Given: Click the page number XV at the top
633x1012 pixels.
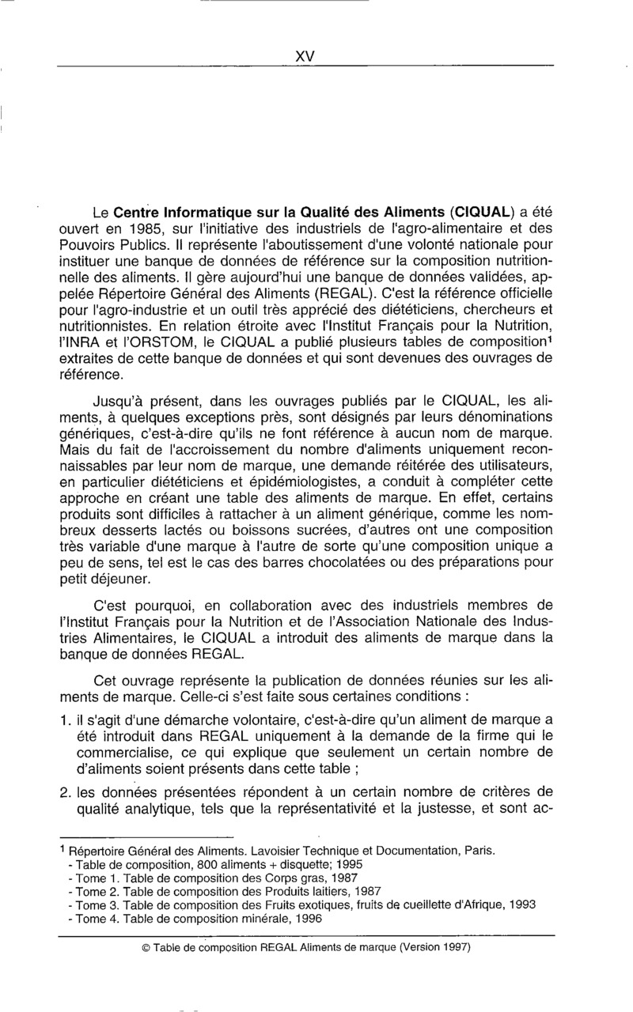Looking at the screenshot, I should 305,56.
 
